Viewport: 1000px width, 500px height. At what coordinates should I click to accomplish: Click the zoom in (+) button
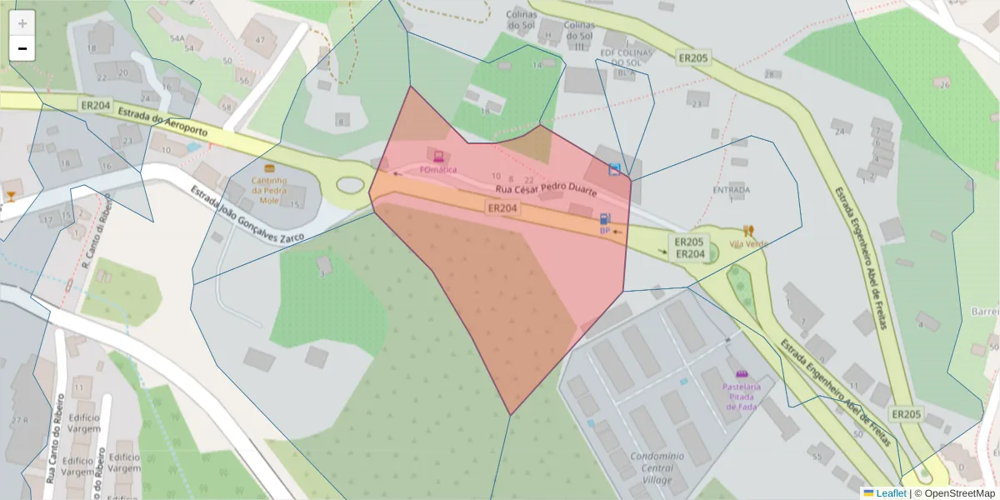tap(22, 23)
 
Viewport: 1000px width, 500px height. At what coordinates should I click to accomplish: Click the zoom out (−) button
tap(22, 48)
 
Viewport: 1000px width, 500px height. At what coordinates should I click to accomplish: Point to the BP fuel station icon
tap(605, 219)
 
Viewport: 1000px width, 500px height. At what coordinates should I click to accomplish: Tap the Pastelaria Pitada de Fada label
tap(742, 392)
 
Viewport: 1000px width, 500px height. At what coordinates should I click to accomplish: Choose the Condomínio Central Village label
tap(657, 467)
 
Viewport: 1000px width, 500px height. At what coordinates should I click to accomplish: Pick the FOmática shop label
tap(438, 169)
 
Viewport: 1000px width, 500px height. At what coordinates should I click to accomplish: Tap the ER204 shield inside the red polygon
tap(503, 207)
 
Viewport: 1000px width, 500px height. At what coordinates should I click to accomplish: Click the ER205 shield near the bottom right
tap(906, 413)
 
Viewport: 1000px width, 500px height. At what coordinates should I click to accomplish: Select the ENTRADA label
tap(731, 190)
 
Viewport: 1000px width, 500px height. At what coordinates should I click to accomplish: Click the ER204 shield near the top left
tap(96, 106)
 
